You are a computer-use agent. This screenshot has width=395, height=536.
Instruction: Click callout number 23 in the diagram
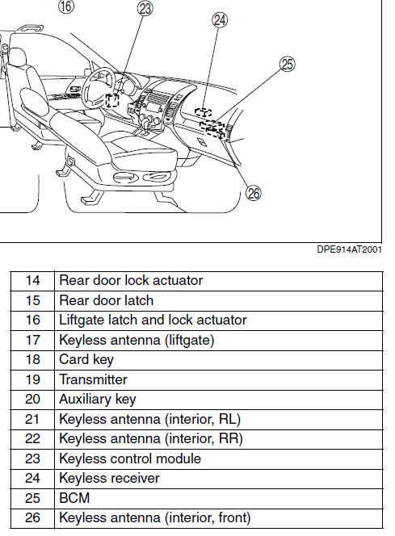145,9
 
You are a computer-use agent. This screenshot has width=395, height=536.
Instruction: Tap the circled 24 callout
219,20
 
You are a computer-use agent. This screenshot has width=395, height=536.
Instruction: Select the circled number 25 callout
288,65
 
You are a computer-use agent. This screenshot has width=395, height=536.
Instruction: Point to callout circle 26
254,194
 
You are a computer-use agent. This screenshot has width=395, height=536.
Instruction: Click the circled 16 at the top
66,6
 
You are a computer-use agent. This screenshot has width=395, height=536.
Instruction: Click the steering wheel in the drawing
99,87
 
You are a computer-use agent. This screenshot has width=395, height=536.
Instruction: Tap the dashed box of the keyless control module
111,100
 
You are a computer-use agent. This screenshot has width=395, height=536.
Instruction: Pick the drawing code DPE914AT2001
349,249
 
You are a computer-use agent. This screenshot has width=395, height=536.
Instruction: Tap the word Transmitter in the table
93,379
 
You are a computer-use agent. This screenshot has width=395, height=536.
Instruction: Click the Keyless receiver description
109,478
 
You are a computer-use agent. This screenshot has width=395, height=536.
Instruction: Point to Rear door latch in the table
106,300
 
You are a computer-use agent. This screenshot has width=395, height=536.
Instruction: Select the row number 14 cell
33,280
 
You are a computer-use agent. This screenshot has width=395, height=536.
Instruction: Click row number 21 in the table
32,419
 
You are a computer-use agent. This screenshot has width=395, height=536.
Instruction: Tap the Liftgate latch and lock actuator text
153,320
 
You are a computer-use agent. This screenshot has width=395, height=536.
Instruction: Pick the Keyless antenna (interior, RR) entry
151,438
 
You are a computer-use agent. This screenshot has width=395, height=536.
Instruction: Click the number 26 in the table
32,517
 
